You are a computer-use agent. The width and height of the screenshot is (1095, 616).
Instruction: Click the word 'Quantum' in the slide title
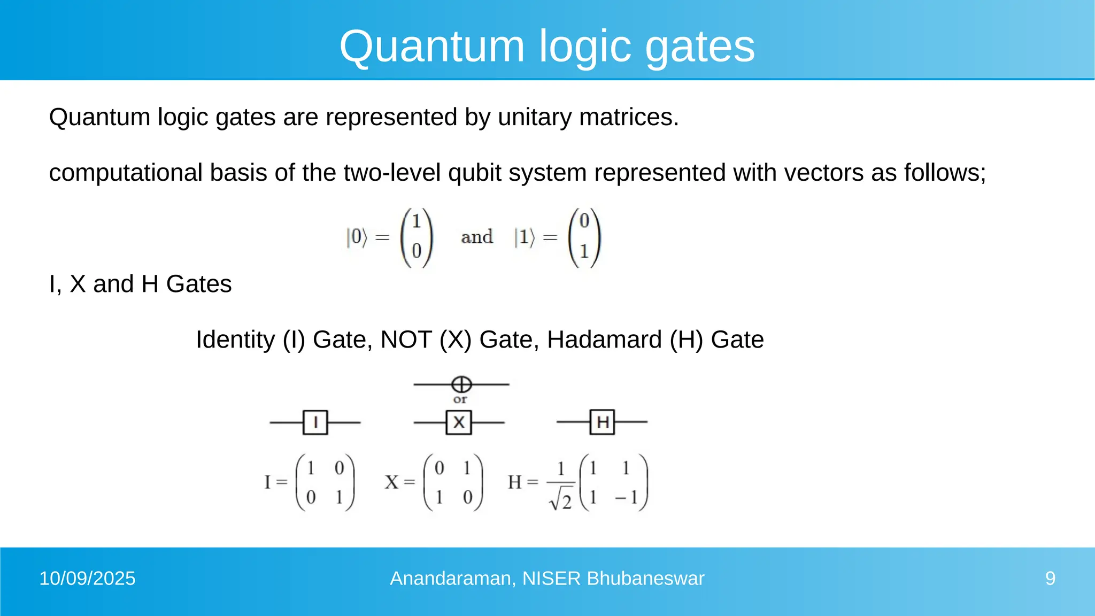pyautogui.click(x=432, y=47)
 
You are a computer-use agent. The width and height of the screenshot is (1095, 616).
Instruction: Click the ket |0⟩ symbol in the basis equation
pyautogui.click(x=357, y=237)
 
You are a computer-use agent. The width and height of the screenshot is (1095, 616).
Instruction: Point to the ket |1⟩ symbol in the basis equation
pyautogui.click(x=525, y=237)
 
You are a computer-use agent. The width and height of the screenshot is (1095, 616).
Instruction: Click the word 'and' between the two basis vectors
pyautogui.click(x=477, y=237)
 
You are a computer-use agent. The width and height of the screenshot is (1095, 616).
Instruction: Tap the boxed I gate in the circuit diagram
pyautogui.click(x=315, y=422)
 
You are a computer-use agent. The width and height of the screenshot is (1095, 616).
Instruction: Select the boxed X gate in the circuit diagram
pyautogui.click(x=459, y=422)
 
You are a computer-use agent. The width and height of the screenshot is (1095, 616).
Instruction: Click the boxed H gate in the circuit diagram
pyautogui.click(x=603, y=422)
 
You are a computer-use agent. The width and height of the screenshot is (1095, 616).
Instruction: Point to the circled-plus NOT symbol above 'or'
pyautogui.click(x=461, y=384)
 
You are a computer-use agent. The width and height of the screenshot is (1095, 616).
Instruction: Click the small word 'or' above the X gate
pyautogui.click(x=460, y=399)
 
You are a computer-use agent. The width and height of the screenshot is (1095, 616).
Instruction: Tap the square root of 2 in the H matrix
pyautogui.click(x=561, y=500)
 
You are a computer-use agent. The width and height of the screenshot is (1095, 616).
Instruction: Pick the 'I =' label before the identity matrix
pyautogui.click(x=275, y=482)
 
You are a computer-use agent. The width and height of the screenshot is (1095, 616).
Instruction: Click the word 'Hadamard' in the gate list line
pyautogui.click(x=604, y=340)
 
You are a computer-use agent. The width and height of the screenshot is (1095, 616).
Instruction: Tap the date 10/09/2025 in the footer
pyautogui.click(x=88, y=579)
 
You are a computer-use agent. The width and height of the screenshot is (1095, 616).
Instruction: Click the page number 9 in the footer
pyautogui.click(x=1050, y=579)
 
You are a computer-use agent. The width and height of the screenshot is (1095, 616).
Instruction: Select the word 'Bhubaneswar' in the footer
pyautogui.click(x=645, y=579)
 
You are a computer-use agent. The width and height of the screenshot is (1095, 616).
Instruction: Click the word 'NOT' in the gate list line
pyautogui.click(x=406, y=340)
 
